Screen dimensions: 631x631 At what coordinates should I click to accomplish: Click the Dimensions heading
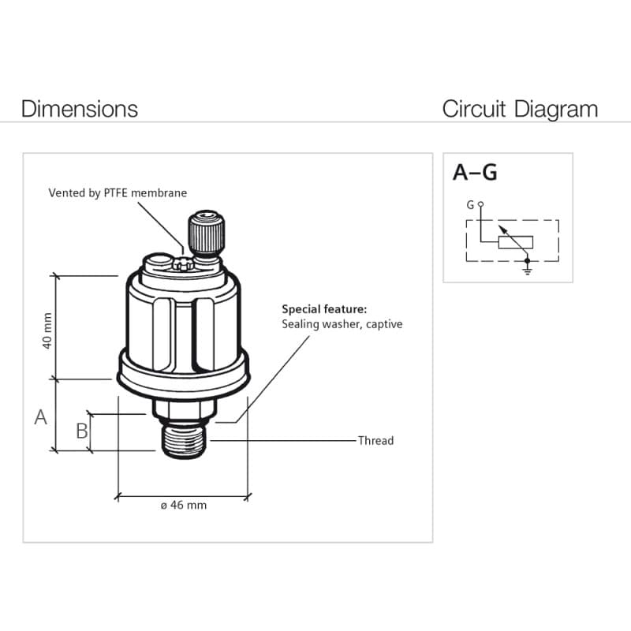coord(80,109)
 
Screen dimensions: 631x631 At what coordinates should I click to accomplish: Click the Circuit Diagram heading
coord(520,109)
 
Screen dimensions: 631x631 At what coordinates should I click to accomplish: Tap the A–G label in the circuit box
coord(475,172)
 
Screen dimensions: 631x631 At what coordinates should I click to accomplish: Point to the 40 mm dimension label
coord(47,330)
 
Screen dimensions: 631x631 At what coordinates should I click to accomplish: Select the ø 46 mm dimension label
coord(184,505)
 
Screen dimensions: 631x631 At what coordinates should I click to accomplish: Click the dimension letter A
coord(41,417)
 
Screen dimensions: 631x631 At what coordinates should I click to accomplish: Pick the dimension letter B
coord(82,431)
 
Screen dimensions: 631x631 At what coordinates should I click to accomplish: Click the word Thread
coord(376,441)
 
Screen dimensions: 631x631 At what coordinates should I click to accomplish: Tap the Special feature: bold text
coord(324,309)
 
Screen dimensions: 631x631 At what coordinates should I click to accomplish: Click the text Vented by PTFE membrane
coord(118,192)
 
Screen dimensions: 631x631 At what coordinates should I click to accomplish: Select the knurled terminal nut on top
coord(206,233)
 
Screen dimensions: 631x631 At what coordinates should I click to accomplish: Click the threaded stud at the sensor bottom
coord(184,441)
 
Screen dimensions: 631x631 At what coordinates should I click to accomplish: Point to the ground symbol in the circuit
coord(527,270)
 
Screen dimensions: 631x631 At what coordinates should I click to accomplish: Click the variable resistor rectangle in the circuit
coord(516,242)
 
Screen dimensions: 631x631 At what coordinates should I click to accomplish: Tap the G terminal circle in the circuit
coord(480,204)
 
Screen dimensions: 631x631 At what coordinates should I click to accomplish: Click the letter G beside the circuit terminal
coord(470,205)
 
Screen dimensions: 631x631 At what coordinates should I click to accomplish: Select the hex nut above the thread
coord(184,409)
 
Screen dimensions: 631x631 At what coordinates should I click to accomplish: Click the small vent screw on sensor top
coord(183,264)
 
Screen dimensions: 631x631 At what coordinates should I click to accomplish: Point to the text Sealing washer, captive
coord(342,324)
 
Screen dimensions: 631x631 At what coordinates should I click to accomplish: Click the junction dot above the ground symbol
coord(527,261)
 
